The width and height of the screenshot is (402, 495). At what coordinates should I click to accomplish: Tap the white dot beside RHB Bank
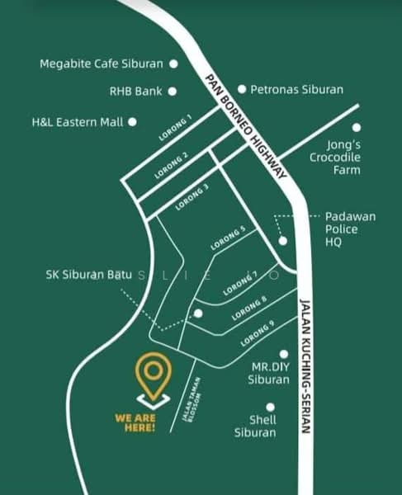173,92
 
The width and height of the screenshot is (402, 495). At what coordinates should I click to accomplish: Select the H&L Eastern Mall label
77,121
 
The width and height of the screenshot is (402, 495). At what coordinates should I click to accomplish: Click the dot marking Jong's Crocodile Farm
357,128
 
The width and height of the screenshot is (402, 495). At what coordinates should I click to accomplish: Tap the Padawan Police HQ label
350,229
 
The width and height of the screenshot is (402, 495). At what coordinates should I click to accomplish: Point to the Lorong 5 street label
228,238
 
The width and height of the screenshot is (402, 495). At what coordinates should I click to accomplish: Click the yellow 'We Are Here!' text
135,422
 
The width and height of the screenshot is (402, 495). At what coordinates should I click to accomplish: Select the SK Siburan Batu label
89,275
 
